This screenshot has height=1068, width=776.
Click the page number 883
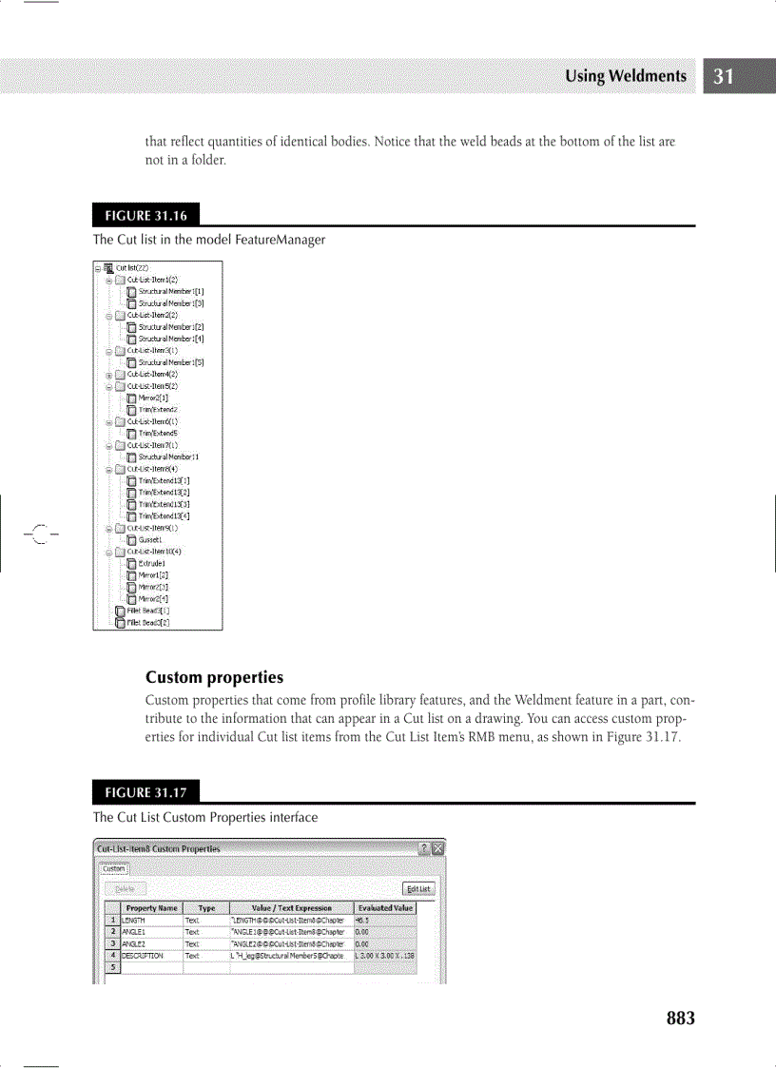tap(680, 1019)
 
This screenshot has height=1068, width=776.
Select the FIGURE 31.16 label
tap(145, 215)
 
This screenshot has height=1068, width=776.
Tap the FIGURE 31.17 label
tap(145, 792)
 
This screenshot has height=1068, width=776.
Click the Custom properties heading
tap(214, 678)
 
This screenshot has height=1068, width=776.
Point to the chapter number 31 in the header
tap(725, 76)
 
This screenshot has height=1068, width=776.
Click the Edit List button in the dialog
tap(418, 889)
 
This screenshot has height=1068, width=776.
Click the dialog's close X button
tap(437, 848)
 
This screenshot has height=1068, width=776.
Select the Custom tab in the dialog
tap(113, 868)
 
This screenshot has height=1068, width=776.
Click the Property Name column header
tap(151, 908)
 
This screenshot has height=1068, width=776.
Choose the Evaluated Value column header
tap(385, 908)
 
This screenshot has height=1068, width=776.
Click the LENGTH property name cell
tap(133, 921)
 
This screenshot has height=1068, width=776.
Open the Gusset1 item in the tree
tap(152, 539)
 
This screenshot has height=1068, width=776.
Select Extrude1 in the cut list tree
tap(153, 563)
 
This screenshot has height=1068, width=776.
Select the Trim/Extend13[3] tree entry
tap(164, 504)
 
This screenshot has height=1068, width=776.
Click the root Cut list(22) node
tap(132, 268)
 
